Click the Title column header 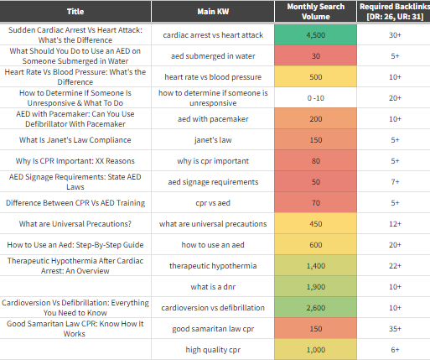point(75,12)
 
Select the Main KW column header point(213,12)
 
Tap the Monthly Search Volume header point(316,12)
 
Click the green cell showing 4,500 point(316,34)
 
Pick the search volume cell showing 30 point(316,55)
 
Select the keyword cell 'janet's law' point(213,139)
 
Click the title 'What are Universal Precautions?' point(75,224)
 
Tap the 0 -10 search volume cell point(316,98)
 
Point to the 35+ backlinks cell point(395,328)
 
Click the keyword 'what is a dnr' point(213,287)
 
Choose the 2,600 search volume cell point(316,307)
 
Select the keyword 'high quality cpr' point(213,350)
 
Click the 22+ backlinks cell point(395,265)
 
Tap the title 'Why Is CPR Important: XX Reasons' point(75,161)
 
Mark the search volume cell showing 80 point(316,160)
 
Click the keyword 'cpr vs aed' point(213,203)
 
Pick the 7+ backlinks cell point(395,181)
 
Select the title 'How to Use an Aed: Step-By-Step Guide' point(75,245)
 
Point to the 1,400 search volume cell point(316,265)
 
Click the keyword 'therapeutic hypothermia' point(213,266)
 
